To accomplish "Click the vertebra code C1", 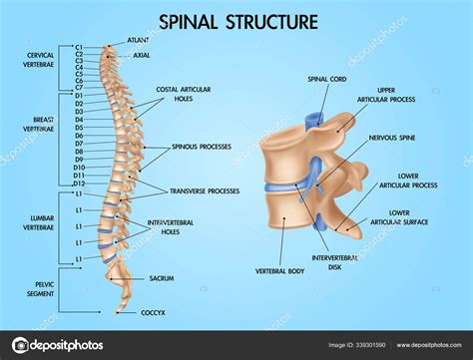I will click(x=79, y=48).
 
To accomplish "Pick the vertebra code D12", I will click(x=78, y=183).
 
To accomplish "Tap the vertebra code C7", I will click(x=79, y=87).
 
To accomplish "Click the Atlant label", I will click(x=139, y=41).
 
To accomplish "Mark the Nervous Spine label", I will click(x=391, y=137).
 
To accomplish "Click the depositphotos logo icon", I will click(x=15, y=344).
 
